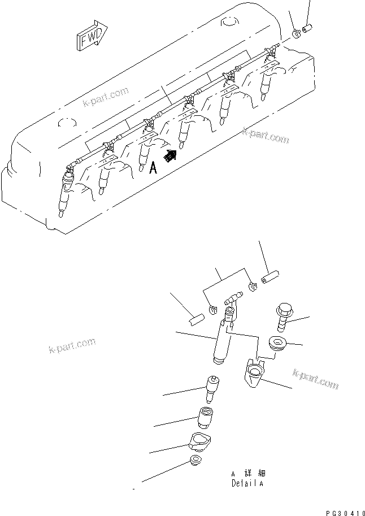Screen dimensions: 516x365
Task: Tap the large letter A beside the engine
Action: pyautogui.click(x=153, y=167)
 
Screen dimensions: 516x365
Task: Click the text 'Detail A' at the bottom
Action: pyautogui.click(x=247, y=484)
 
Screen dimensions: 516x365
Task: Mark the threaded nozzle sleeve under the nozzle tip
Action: pyautogui.click(x=206, y=419)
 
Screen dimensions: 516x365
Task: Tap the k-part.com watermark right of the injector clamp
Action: pyautogui.click(x=315, y=379)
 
